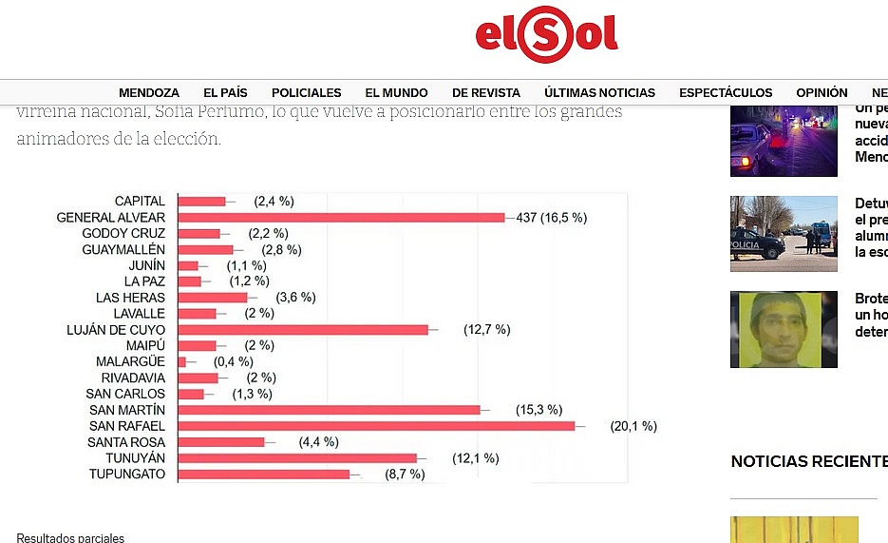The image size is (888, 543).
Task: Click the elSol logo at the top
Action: point(546,36)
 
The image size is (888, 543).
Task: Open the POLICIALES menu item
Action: point(306,93)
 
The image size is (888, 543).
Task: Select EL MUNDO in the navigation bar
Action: point(396,93)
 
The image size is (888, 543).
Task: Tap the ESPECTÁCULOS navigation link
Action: point(726,93)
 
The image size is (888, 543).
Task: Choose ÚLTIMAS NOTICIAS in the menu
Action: point(599,93)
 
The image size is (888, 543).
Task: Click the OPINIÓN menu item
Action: point(822,93)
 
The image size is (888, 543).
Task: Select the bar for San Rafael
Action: point(376,426)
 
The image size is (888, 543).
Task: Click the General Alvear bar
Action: point(341,218)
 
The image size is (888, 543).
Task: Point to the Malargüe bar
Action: point(182,362)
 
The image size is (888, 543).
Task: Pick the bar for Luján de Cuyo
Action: point(303,330)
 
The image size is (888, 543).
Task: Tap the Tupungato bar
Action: point(264,475)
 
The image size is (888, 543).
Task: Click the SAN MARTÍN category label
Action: point(125,410)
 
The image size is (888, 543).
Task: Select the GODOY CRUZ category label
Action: point(123,234)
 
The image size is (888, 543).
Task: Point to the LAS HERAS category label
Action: point(130,298)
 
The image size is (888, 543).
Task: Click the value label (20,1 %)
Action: point(633,426)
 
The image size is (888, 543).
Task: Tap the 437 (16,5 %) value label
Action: point(551,218)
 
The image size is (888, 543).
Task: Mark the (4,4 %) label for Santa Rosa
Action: point(318,442)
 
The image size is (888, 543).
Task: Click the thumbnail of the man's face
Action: point(784,330)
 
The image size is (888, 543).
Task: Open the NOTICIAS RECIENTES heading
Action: point(808,462)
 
